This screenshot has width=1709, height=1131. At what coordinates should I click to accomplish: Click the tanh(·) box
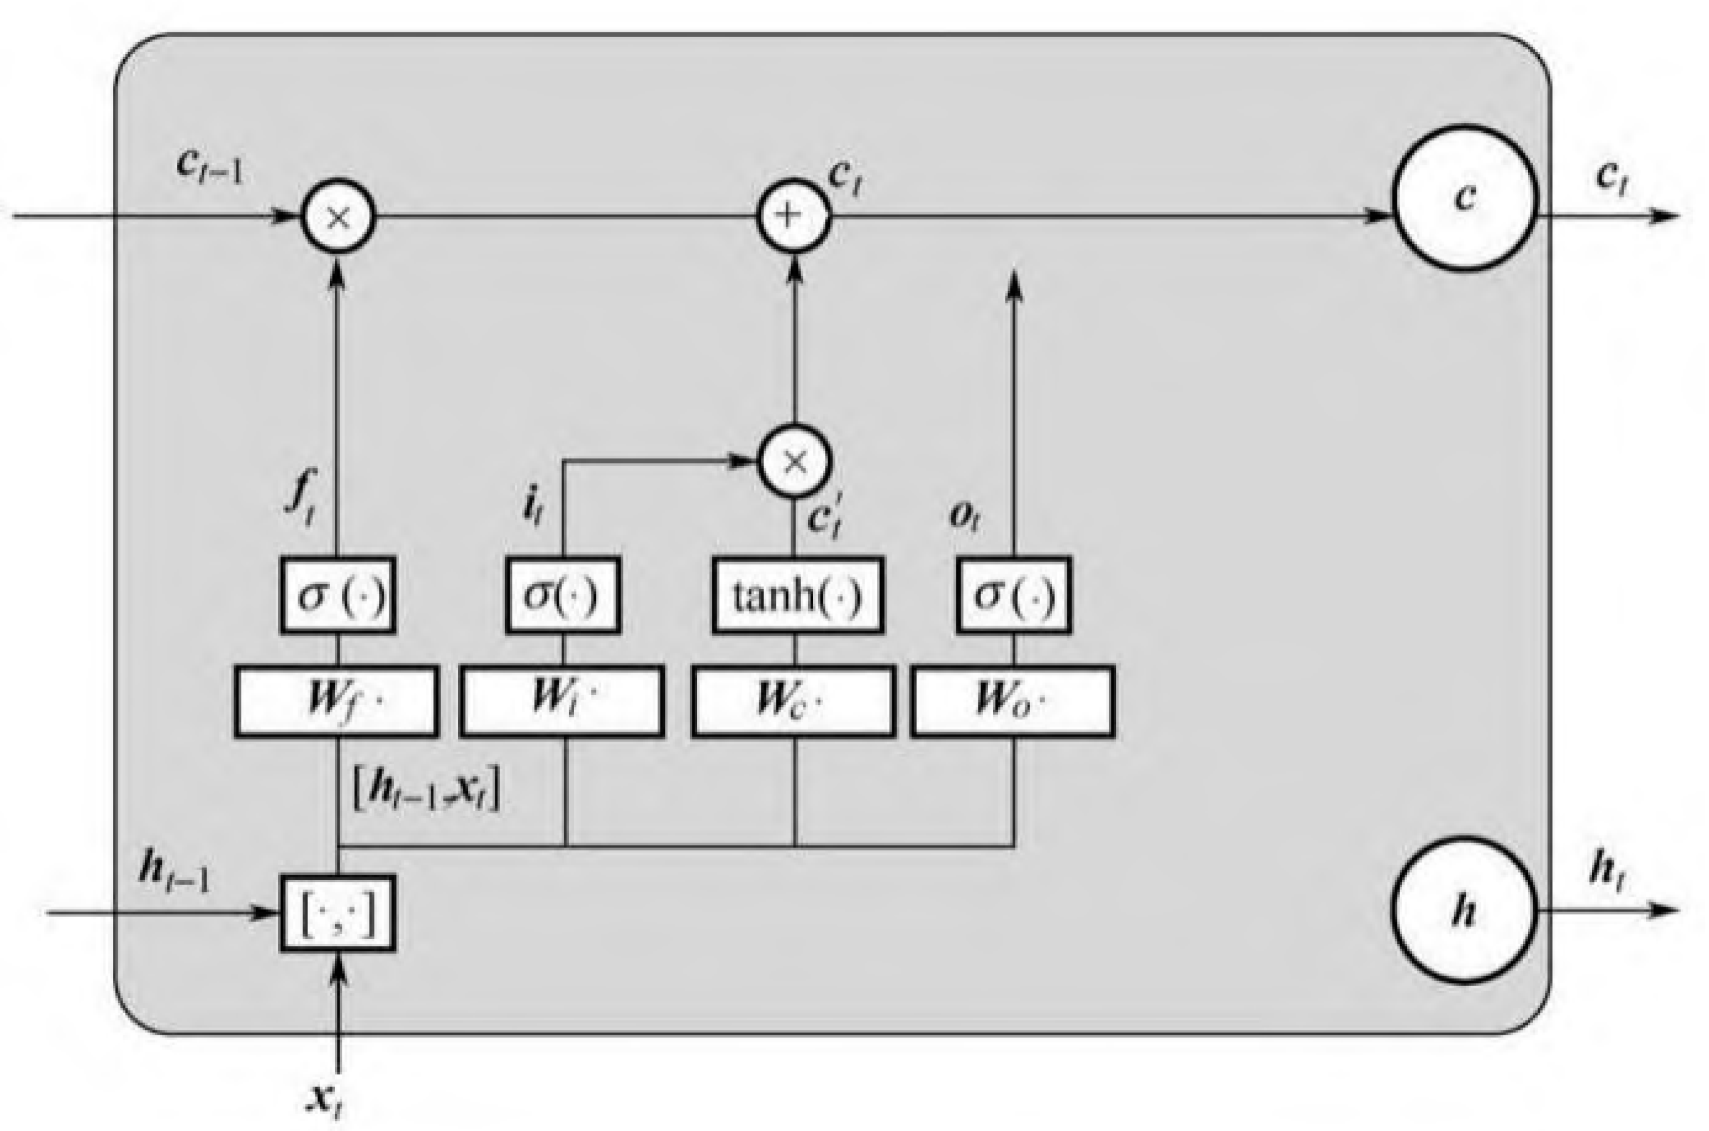coord(797,595)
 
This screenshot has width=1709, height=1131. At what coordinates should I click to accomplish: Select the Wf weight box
coord(337,701)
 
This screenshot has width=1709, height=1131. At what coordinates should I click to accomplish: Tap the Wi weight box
coord(562,701)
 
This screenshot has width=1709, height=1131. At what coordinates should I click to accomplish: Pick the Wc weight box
coord(794,701)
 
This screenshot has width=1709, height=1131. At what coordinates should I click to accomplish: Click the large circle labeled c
coord(1465,198)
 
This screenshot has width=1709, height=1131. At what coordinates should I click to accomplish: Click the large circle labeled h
coord(1464,910)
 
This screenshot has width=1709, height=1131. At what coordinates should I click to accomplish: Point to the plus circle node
coord(794,216)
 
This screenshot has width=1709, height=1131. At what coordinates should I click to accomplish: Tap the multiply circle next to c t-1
coord(338,216)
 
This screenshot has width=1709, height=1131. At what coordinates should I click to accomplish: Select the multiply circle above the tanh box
coord(794,461)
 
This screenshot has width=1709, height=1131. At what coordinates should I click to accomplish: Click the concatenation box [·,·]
coord(338,913)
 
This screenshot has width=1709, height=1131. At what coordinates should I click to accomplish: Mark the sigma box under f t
coord(338,595)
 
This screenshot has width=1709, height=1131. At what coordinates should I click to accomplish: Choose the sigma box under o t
coord(1014,595)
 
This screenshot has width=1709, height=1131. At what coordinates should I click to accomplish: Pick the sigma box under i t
coord(563,595)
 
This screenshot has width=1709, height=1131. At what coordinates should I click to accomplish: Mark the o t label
coord(964,516)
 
